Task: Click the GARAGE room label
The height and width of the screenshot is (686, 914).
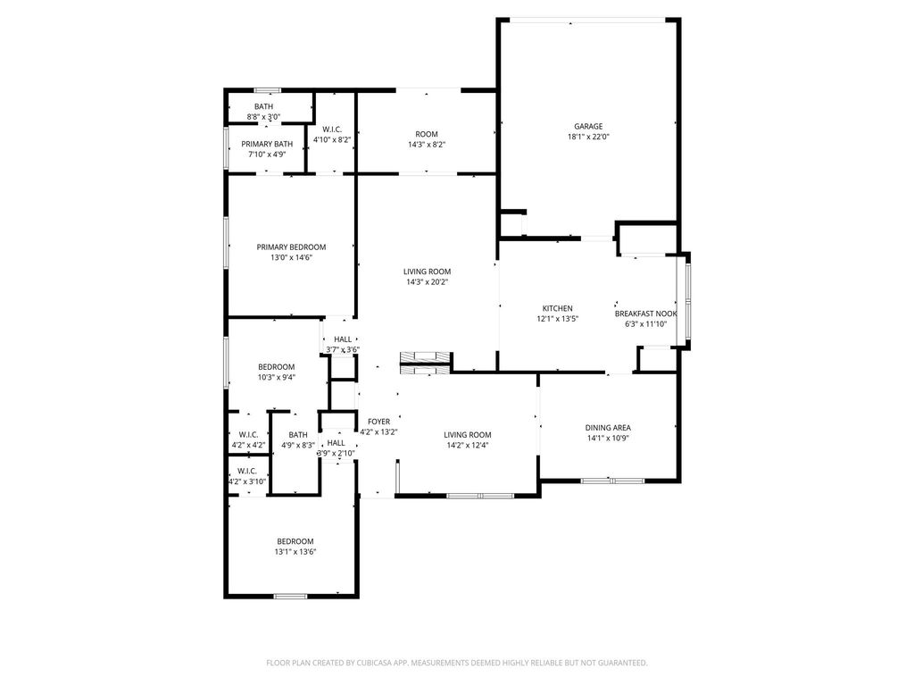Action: click(x=588, y=126)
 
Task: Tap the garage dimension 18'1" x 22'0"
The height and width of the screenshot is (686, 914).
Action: click(x=588, y=137)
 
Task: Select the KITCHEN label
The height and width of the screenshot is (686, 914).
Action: click(x=557, y=308)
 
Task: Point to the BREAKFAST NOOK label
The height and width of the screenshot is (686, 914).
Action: click(x=646, y=314)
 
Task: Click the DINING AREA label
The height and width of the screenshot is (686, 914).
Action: click(x=608, y=428)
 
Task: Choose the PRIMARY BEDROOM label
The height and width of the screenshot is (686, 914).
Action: click(x=292, y=247)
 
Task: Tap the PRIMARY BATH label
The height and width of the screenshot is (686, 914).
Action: click(x=267, y=144)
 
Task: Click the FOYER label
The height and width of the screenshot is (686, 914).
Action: click(x=378, y=422)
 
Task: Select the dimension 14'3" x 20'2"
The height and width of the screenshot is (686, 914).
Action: click(x=428, y=282)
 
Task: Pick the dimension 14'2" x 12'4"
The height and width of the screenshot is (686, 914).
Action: click(x=468, y=446)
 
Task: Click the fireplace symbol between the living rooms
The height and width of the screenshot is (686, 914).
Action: click(x=426, y=363)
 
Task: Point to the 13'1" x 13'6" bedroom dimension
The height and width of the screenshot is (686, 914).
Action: click(x=295, y=552)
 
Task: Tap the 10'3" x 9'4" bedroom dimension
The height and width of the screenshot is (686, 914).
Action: click(x=277, y=378)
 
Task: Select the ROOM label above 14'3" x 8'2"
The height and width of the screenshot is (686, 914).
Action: click(x=427, y=134)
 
